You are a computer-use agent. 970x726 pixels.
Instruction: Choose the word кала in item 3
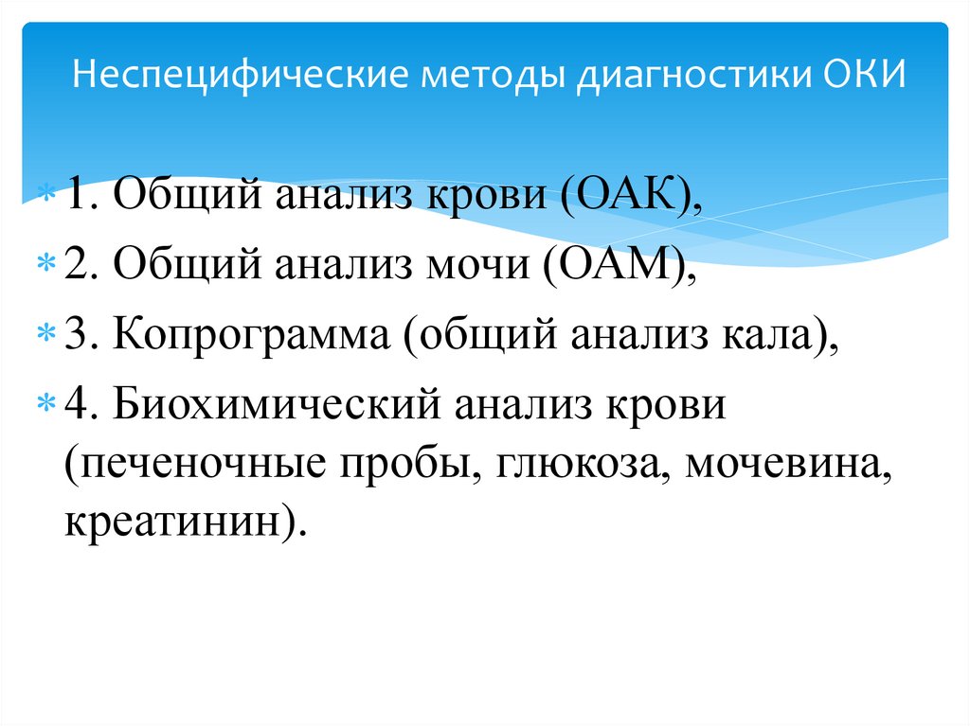coord(775,334)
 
